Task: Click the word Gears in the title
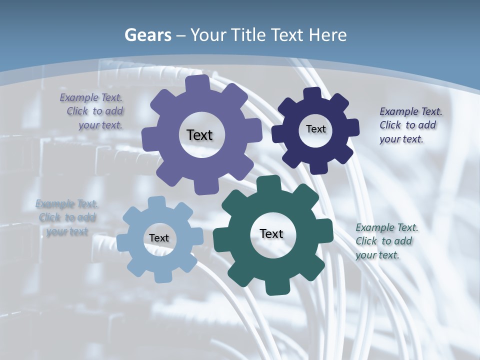point(147,35)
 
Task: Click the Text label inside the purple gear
point(199,135)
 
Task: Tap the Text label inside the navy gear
point(315,129)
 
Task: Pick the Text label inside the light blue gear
point(159,238)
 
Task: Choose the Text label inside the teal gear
point(271,233)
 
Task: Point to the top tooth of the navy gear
point(312,93)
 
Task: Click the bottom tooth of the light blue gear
point(162,276)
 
